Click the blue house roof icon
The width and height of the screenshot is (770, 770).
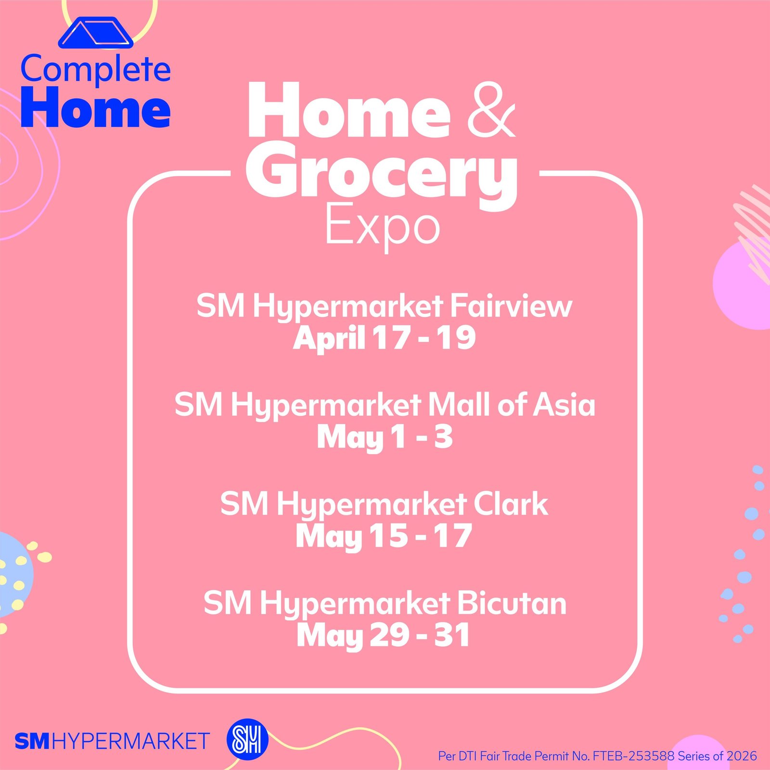(95, 33)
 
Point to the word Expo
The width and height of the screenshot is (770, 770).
(383, 226)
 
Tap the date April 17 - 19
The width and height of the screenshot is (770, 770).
(385, 338)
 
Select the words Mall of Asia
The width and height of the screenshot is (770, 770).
(512, 404)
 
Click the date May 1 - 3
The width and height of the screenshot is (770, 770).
(385, 437)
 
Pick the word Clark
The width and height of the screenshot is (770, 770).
(511, 504)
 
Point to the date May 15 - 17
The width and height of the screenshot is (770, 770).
(384, 537)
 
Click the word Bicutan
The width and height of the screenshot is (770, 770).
(512, 603)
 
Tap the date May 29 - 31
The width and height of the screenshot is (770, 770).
(384, 636)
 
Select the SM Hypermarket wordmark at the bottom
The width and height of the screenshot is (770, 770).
(112, 741)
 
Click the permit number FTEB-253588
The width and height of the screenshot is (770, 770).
(633, 756)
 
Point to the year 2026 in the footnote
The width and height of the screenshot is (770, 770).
(742, 756)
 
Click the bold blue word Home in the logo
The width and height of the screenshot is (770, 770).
(95, 108)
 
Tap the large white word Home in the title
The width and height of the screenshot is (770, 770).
(349, 110)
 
